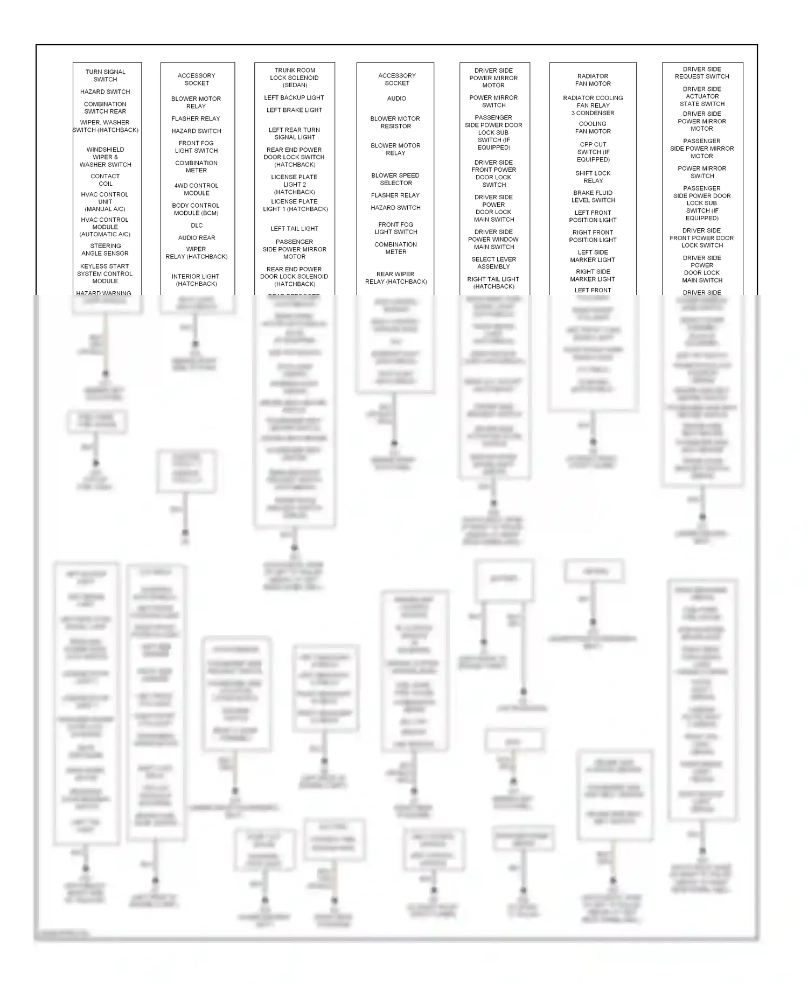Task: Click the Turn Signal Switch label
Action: [x=105, y=75]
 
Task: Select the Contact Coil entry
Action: [x=105, y=180]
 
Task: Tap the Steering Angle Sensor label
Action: [x=105, y=249]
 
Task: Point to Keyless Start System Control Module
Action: [x=105, y=273]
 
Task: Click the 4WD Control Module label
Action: [x=196, y=189]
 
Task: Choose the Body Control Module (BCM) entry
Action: [x=196, y=209]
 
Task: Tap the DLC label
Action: [x=197, y=226]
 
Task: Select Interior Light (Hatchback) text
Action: [x=196, y=280]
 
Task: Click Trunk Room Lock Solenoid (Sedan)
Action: [x=295, y=78]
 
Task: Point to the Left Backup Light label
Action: [x=294, y=97]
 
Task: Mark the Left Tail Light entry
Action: [x=294, y=228]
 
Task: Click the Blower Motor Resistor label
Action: [x=395, y=122]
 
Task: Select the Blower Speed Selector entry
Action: [x=395, y=179]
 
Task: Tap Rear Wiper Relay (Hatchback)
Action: [x=396, y=277]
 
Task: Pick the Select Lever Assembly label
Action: [x=493, y=263]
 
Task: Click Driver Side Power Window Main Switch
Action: [x=493, y=239]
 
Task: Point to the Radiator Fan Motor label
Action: [x=593, y=80]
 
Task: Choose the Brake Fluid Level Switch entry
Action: [x=593, y=196]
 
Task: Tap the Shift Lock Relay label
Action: [x=593, y=177]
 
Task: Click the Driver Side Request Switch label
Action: [x=702, y=73]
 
